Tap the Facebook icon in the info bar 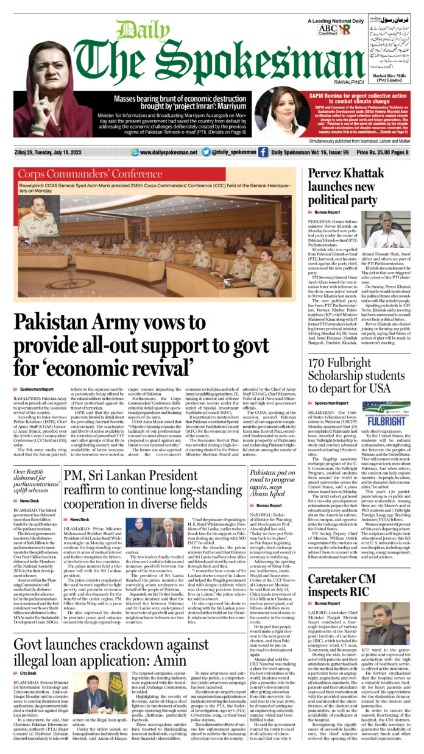click(x=263, y=152)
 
